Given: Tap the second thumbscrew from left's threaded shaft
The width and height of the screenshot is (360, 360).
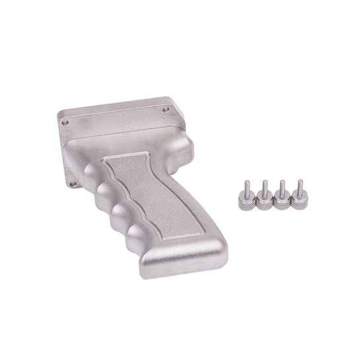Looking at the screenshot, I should click(264, 187).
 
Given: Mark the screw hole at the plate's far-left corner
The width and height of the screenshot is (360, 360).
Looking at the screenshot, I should click(65, 122).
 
